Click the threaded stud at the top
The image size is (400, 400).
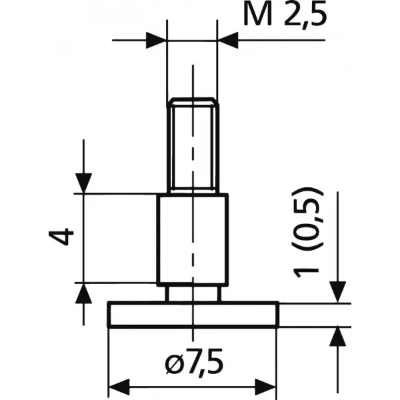(x=193, y=147)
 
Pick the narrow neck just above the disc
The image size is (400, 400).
(x=193, y=294)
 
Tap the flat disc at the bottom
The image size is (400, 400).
(x=193, y=314)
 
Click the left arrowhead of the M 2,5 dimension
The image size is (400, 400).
(x=157, y=39)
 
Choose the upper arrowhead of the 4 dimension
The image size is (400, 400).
(x=83, y=183)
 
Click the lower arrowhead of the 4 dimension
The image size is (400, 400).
(x=83, y=293)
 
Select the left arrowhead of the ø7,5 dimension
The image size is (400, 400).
(x=118, y=386)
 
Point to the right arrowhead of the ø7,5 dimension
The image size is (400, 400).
(x=268, y=386)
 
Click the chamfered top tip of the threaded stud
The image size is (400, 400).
(x=193, y=101)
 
